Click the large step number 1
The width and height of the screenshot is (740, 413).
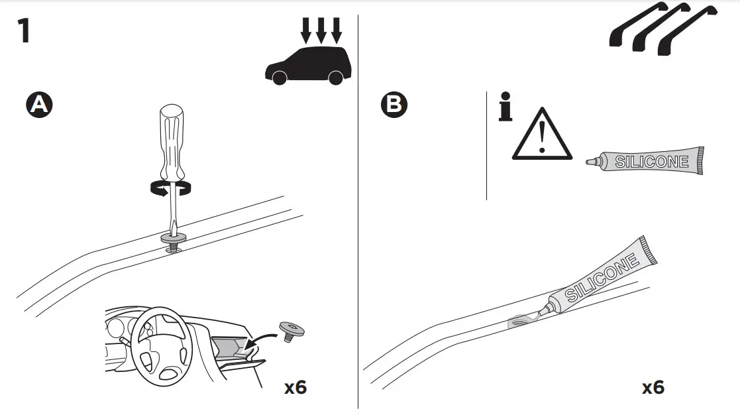point(24,31)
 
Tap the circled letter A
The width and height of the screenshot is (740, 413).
point(39,105)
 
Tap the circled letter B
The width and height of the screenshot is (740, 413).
point(394,105)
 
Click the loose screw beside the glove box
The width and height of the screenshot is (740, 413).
point(289,329)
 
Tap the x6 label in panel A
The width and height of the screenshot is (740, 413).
point(295,386)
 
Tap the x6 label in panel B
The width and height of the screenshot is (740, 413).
point(653,386)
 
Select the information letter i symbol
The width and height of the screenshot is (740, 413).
point(505,110)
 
